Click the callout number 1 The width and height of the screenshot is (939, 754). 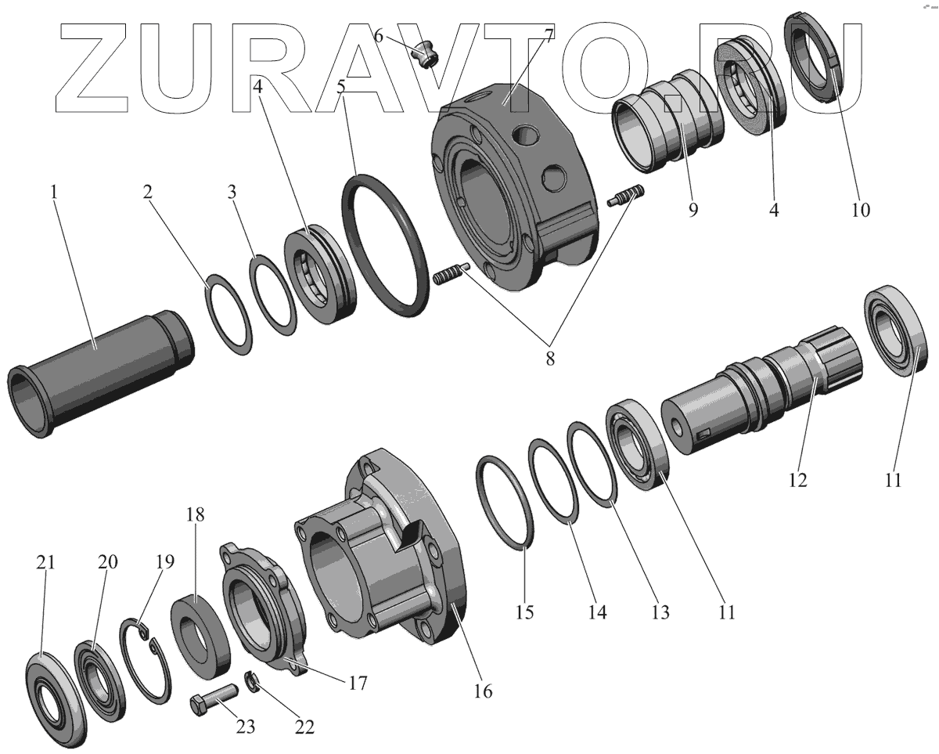(54, 192)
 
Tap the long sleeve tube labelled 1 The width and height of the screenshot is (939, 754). (100, 373)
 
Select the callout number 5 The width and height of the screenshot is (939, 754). (341, 86)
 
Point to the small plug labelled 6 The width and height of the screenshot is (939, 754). (423, 54)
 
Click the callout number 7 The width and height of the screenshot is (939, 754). (549, 36)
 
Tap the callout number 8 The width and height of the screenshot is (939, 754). (550, 359)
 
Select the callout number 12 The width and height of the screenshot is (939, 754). (797, 480)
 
